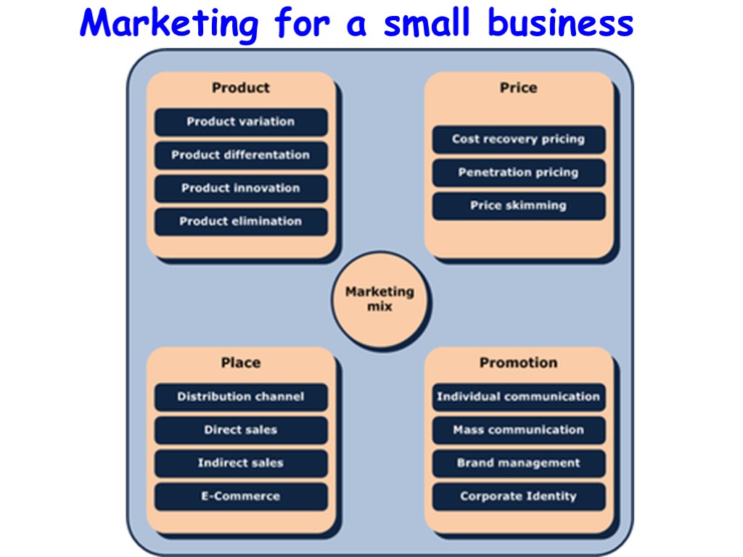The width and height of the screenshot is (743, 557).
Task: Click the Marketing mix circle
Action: point(379,299)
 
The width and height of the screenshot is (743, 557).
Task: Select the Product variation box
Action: point(241,122)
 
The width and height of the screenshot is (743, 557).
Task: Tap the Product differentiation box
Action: point(241,155)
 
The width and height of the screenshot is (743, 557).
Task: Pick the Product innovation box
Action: point(241,189)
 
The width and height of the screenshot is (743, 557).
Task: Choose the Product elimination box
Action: point(241,222)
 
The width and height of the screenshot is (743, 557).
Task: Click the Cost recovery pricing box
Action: point(518,139)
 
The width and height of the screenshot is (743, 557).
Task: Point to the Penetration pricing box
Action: point(518,173)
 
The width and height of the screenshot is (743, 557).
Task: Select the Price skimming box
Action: point(518,206)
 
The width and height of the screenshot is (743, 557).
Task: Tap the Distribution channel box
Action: point(241,397)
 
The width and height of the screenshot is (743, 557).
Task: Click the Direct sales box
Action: point(241,430)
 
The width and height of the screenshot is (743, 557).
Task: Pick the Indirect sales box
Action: point(241,463)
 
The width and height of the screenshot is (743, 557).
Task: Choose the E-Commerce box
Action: point(241,497)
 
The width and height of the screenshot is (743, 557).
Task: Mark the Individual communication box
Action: point(518,397)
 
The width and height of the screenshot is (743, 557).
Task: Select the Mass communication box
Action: point(518,430)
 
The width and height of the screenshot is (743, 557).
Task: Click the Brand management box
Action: point(518,463)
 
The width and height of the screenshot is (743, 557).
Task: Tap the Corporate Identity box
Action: point(518,497)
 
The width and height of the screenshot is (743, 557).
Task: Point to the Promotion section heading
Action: point(518,363)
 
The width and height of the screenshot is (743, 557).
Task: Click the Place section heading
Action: point(241,363)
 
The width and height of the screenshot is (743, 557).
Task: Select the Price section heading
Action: point(518,88)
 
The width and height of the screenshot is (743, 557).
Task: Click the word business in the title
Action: point(560,23)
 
